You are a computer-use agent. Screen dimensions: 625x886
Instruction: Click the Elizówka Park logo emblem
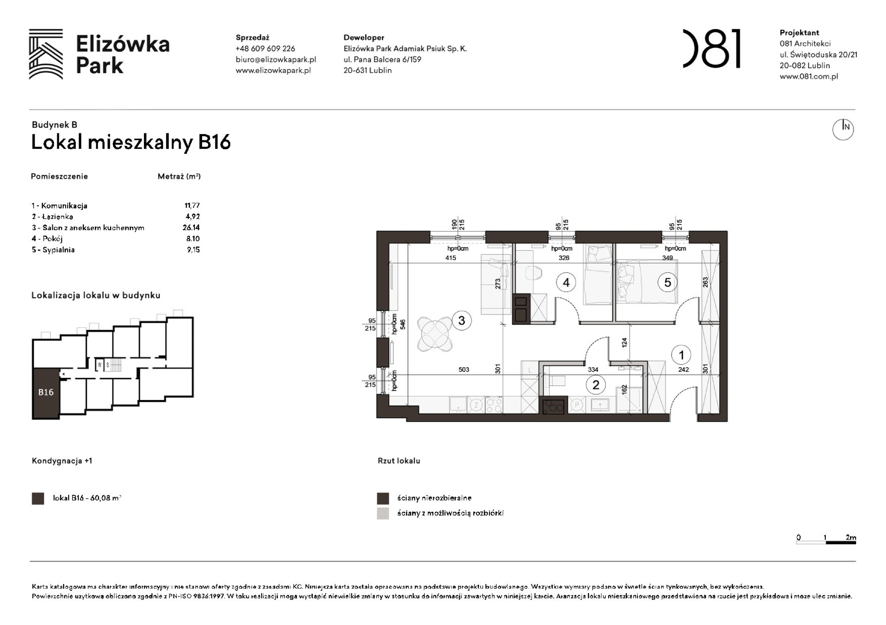pos(46,54)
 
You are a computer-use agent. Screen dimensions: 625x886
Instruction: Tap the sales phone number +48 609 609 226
pos(265,49)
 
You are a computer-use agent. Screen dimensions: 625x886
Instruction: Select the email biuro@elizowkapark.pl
pos(276,59)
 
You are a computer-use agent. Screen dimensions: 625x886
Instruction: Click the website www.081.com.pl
pos(808,76)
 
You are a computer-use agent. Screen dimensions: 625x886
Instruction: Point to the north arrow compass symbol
pos(843,129)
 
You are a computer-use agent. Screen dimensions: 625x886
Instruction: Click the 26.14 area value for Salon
pos(191,228)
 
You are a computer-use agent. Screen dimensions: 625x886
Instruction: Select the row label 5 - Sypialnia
pos(53,250)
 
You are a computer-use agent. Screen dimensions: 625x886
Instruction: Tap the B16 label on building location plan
pos(46,392)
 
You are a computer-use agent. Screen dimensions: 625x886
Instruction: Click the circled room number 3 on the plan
pos(461,320)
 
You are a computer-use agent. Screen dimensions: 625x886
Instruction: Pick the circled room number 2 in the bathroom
pos(595,385)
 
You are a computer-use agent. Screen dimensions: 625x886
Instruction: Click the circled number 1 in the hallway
pos(681,355)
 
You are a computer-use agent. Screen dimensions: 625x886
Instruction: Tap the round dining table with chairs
pos(435,334)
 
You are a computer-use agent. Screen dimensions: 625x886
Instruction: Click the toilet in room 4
pos(533,272)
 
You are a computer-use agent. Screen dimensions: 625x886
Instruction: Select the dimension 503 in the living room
pos(463,369)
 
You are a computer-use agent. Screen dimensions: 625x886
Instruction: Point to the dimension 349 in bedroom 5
pos(667,258)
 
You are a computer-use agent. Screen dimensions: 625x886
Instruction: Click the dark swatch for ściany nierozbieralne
pos(383,498)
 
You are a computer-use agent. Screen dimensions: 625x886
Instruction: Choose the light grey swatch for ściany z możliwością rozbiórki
pos(383,513)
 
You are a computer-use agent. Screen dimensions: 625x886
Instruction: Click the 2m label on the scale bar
pos(850,537)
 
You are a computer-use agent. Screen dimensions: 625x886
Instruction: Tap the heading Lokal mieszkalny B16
pos(131,142)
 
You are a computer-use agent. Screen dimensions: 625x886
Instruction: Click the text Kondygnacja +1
pos(62,461)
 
